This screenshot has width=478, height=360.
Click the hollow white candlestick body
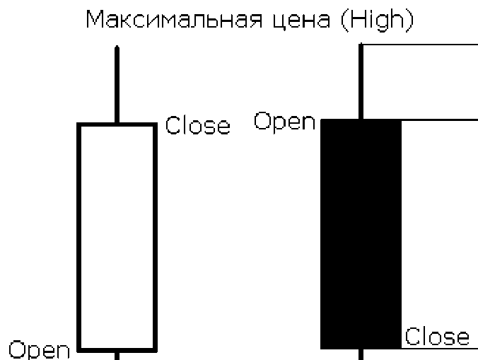116,237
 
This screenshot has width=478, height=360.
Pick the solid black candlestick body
361,234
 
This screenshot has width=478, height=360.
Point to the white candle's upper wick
117,85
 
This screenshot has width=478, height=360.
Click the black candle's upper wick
362,81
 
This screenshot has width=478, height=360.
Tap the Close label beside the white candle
197,127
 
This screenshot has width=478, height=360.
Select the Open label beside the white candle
39,349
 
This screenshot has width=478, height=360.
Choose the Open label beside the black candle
284,122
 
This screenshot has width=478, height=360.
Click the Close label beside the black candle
437,337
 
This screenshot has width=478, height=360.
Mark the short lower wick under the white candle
116,354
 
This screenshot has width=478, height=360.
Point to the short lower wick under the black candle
361,354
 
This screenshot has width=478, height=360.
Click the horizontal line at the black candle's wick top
420,45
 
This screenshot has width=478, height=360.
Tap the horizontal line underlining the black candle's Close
438,347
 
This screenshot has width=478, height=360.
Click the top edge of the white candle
116,124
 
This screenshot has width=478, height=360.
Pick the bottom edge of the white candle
116,349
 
